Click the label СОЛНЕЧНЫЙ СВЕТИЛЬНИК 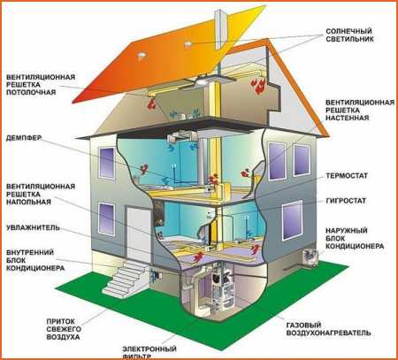349,35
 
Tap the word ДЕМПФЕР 24,138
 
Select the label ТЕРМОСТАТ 347,176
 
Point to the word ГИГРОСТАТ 346,201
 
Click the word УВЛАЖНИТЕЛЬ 33,227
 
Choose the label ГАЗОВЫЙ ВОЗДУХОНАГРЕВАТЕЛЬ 328,329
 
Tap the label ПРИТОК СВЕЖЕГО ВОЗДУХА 64,329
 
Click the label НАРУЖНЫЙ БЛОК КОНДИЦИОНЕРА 355,238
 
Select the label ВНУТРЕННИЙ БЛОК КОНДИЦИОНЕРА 35,260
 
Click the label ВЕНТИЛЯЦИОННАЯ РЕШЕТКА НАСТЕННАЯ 360,110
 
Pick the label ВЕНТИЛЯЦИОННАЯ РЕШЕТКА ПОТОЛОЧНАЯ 41,85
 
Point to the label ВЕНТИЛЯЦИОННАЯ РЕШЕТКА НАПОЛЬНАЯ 41,194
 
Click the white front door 139,232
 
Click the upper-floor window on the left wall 106,163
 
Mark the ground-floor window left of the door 106,218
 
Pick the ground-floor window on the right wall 292,220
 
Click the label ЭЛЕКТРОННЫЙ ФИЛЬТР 149,352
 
